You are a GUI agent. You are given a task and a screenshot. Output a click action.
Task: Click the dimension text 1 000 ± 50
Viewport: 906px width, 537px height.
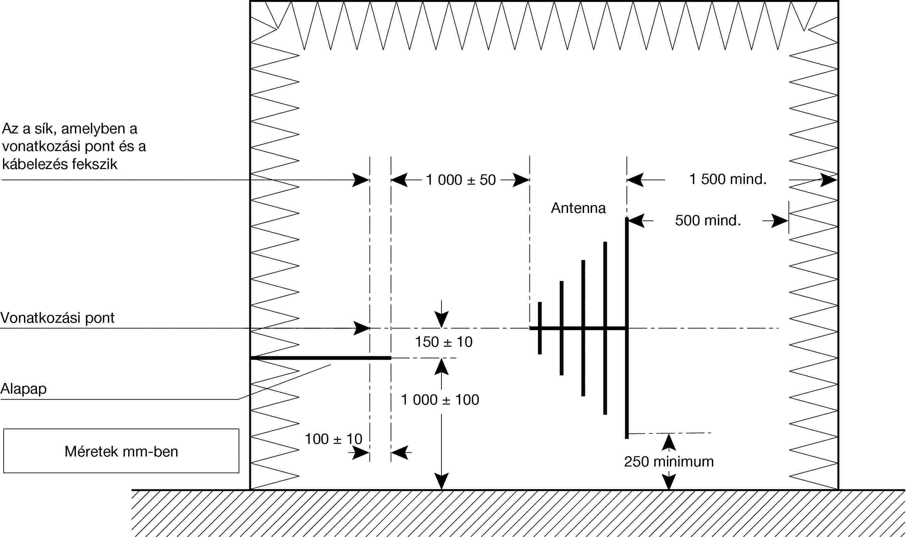[x=460, y=180]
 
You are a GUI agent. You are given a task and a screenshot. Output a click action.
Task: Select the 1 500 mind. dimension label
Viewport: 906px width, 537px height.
[x=728, y=179]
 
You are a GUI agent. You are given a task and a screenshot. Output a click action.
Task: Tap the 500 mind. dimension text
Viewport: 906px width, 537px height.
[x=708, y=220]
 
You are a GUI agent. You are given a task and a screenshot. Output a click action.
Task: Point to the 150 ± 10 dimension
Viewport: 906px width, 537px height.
[x=444, y=342]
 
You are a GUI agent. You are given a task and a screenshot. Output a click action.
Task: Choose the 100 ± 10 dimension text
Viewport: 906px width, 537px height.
[x=334, y=439]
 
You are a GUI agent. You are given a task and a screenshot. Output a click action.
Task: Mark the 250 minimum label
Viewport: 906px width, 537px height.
[x=669, y=461]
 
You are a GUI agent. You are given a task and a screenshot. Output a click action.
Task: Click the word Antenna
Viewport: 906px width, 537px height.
[x=578, y=208]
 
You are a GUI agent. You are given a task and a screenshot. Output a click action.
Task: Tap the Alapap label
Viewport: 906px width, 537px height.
[x=24, y=389]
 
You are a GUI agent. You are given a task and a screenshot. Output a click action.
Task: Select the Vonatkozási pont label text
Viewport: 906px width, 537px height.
[x=57, y=318]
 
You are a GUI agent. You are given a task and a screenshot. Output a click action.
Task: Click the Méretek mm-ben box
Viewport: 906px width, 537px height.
[x=121, y=451]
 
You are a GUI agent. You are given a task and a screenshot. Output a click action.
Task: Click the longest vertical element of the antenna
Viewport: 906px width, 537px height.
[x=627, y=328]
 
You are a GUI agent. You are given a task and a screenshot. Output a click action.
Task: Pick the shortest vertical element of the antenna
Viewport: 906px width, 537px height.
[x=540, y=328]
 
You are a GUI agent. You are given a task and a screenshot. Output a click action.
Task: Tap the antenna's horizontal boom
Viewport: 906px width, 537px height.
[x=578, y=328]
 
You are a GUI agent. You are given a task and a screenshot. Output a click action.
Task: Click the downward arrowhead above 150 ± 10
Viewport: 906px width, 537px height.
[x=442, y=319]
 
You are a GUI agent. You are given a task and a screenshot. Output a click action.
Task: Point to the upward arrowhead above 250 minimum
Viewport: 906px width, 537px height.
[x=669, y=442]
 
